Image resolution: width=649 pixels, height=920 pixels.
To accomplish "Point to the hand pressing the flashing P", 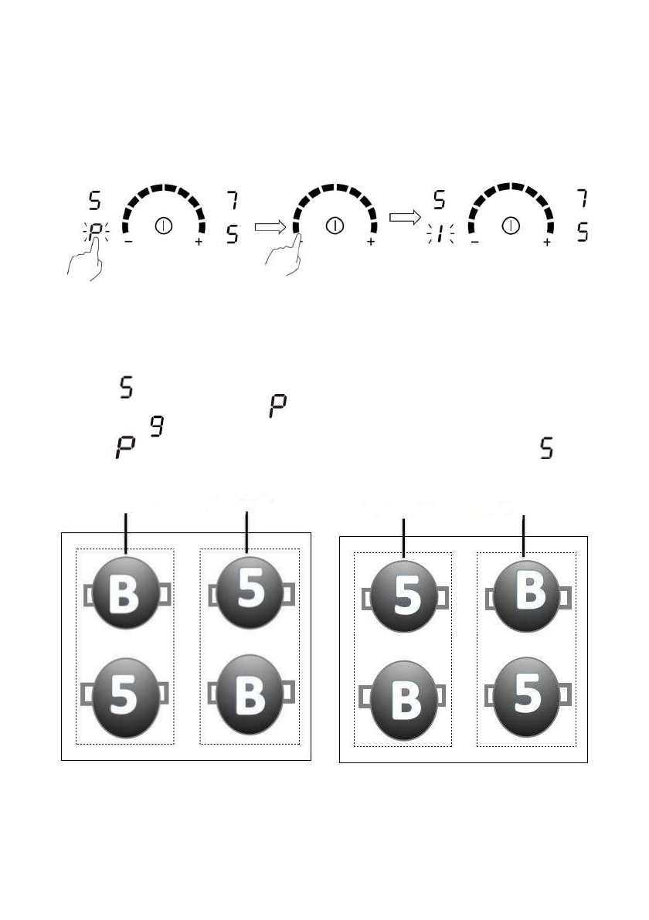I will [86, 263].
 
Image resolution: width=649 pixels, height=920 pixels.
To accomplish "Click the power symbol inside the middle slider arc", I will [334, 226].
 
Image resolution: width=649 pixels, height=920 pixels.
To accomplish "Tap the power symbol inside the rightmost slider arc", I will [510, 226].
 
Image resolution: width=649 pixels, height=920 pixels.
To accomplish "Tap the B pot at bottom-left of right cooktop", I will [403, 701].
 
